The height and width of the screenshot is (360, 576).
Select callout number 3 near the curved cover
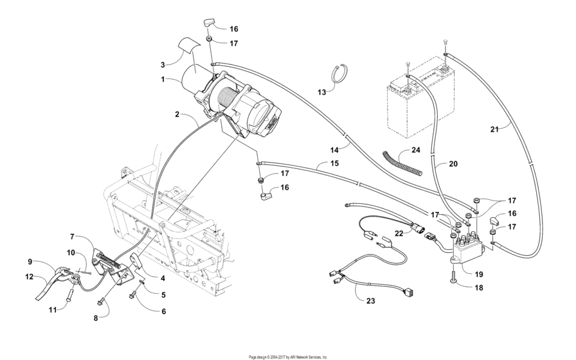click(x=163, y=64)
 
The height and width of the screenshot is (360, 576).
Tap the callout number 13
click(x=321, y=92)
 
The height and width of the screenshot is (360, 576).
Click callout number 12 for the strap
click(x=29, y=277)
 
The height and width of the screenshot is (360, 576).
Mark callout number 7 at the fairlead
click(x=72, y=237)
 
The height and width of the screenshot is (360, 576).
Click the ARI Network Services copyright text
click(x=288, y=356)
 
